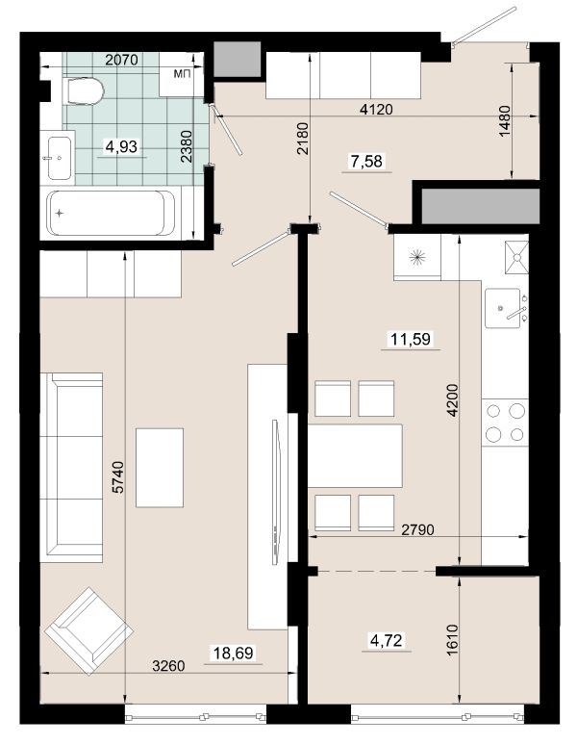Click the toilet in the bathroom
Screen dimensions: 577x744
83,90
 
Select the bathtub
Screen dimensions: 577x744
112,213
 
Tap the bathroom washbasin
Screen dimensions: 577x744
61,159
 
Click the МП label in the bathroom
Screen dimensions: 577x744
182,73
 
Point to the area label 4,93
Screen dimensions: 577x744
121,146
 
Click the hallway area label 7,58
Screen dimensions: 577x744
366,161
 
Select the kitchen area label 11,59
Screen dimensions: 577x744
411,339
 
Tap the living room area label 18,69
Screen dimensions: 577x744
234,654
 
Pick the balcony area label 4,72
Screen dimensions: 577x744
387,641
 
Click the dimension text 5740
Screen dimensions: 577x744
117,476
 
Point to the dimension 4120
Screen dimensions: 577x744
376,110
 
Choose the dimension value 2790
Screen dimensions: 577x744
417,529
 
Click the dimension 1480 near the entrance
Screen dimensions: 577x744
505,121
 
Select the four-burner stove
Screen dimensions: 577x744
505,423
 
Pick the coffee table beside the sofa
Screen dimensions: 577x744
160,468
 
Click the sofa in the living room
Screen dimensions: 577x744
71,468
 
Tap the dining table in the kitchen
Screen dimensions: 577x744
355,456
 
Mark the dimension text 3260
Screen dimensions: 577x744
168,666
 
